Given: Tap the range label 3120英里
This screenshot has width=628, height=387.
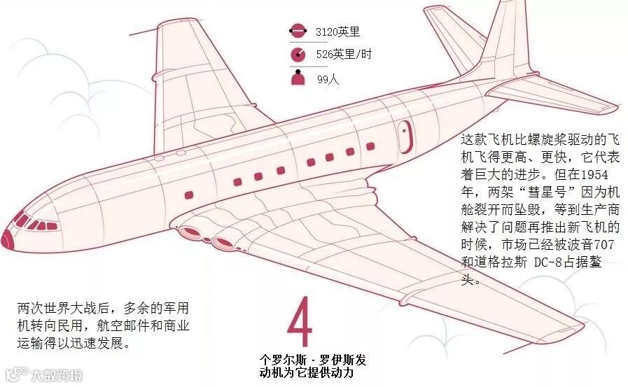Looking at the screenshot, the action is pos(339,32).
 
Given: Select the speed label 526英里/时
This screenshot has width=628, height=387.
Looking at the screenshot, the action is pos(343,54).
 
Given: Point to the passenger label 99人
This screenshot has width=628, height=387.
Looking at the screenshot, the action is pos(328,79).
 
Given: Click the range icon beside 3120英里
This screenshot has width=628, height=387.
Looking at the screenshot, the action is pos(298,31).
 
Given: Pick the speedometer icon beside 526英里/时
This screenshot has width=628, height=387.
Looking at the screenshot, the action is pos(298,54).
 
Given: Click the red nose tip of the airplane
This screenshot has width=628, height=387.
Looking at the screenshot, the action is pos(8,237).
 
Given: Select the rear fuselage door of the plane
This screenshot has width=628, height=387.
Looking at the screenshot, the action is pos(405,136).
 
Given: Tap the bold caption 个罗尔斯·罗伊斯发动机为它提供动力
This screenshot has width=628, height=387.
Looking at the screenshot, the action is pos(312,366).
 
